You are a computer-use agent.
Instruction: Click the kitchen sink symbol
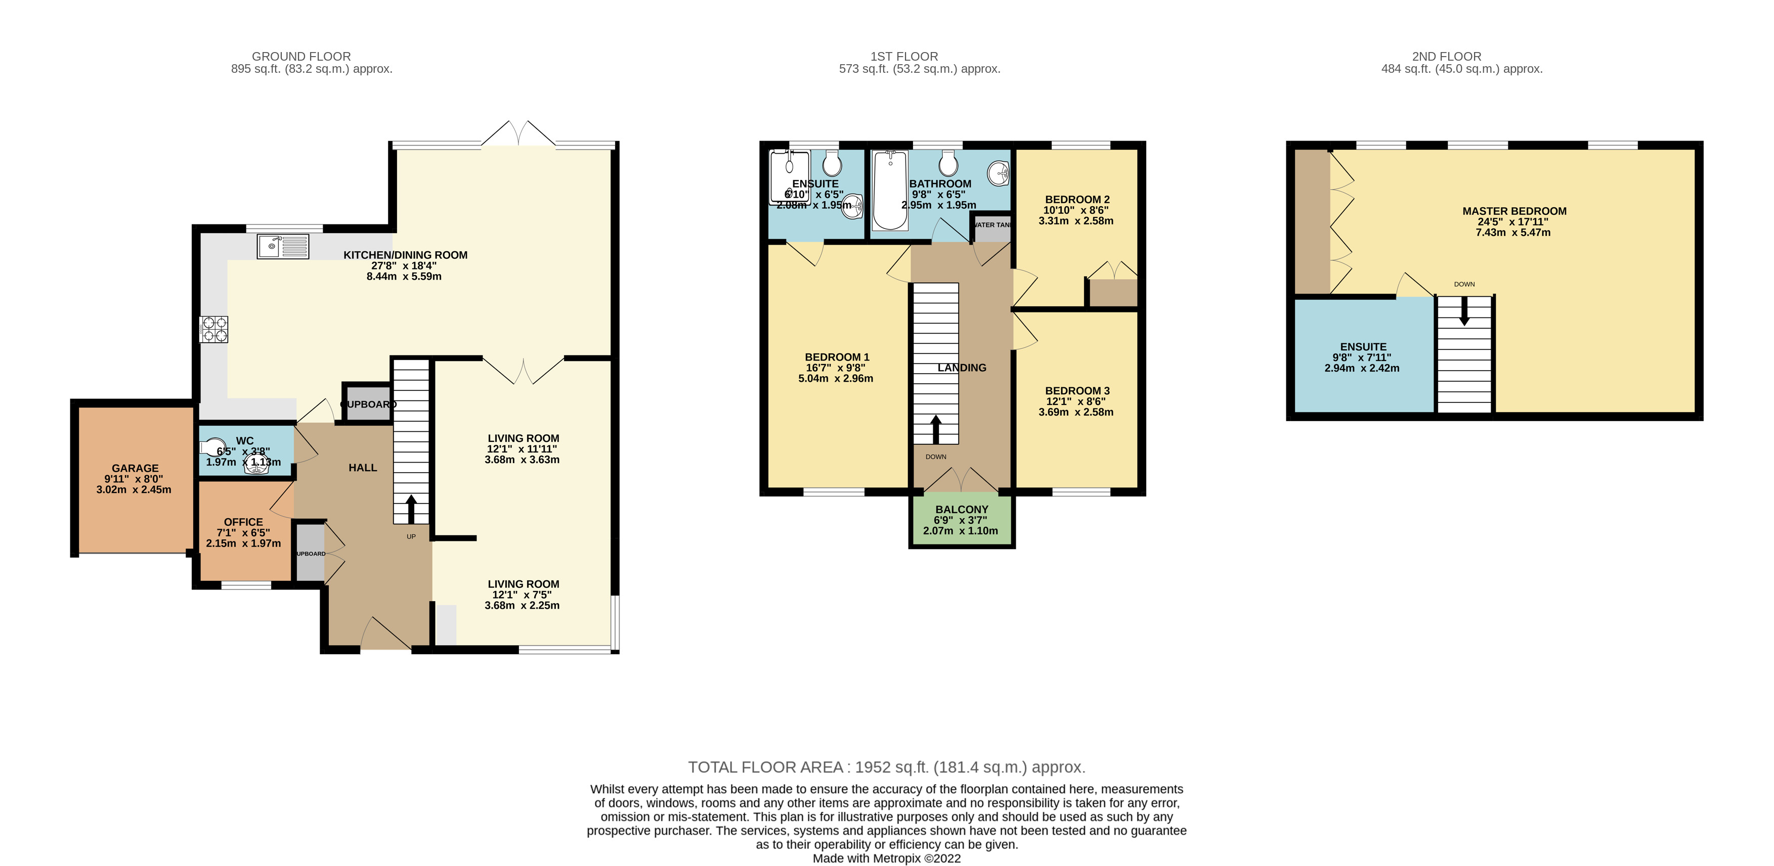point(282,246)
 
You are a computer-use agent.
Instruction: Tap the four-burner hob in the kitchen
point(214,329)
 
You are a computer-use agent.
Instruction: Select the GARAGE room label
point(135,468)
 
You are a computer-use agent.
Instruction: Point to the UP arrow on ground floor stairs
point(411,510)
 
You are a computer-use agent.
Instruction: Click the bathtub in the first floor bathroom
point(890,190)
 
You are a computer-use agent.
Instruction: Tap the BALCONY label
point(962,510)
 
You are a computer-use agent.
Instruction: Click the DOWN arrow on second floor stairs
point(1464,311)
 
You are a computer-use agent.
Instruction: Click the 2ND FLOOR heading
point(1446,57)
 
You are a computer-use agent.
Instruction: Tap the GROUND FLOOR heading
point(301,57)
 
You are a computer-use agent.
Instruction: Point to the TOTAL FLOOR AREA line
point(886,767)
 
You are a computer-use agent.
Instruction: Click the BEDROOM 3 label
point(1077,391)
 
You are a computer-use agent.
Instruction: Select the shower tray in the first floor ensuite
point(789,177)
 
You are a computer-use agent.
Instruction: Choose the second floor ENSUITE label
point(1363,347)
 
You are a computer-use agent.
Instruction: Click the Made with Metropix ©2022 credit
point(886,858)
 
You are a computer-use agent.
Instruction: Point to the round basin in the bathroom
point(998,173)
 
